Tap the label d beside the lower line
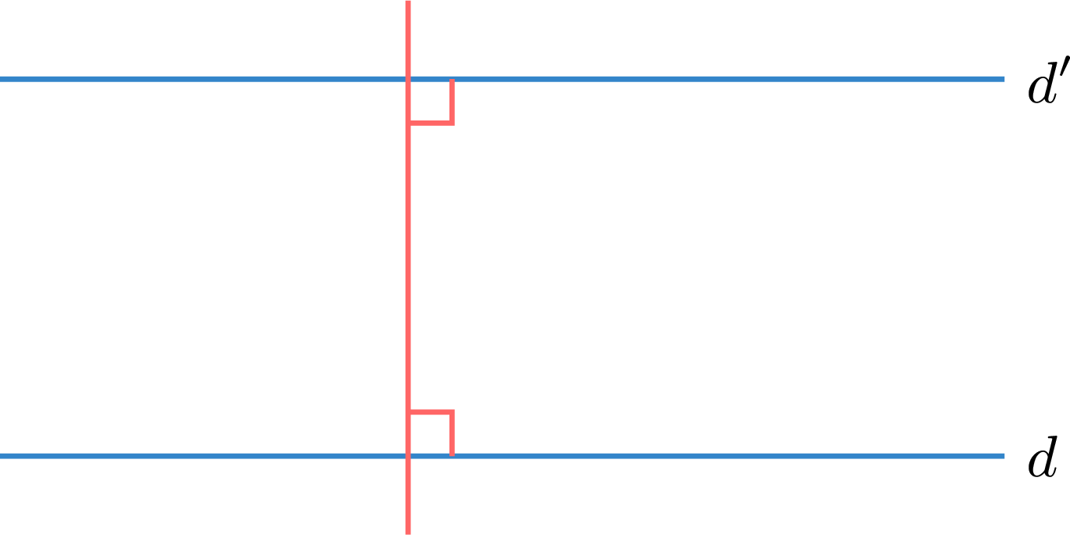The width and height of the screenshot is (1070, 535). point(1043,457)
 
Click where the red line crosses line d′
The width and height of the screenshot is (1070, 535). point(408,79)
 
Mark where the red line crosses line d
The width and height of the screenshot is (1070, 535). point(408,456)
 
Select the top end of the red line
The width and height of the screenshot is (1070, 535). point(408,1)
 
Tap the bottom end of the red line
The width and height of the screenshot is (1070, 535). point(408,534)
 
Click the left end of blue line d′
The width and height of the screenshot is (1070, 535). point(1,79)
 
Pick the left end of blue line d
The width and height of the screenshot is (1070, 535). point(1,456)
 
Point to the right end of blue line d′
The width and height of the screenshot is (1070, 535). point(1004,79)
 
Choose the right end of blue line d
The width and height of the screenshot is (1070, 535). point(1004,456)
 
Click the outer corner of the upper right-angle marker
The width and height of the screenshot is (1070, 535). point(452,124)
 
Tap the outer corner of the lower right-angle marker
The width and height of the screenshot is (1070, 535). point(452,411)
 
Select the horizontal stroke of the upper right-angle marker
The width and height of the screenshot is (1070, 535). point(431,124)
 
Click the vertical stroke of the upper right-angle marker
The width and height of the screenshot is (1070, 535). point(452,102)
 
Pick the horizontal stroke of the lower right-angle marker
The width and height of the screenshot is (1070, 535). point(431,411)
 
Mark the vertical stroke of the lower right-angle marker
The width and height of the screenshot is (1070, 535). point(452,433)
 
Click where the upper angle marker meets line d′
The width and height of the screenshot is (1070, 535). point(452,80)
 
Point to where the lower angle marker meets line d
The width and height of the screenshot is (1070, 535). point(452,456)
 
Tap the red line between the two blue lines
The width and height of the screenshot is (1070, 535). point(408,267)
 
